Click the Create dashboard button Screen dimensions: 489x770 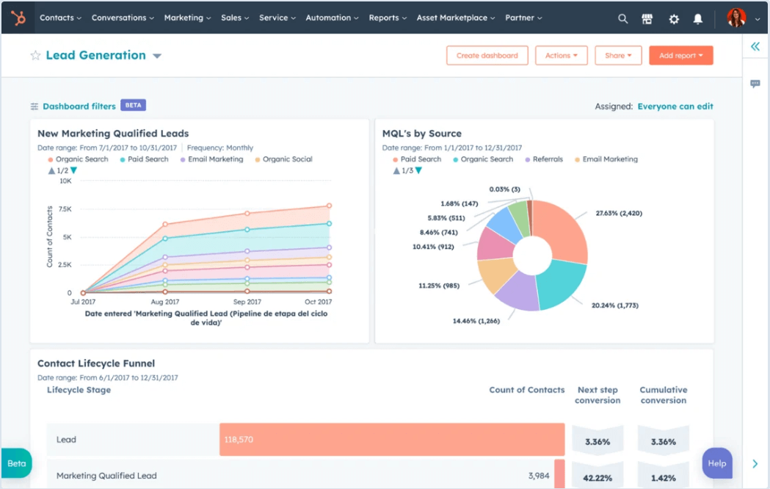click(x=487, y=55)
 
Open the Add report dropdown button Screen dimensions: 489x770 click(x=680, y=55)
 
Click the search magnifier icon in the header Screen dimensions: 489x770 click(x=622, y=19)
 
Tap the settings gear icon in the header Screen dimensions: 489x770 click(x=674, y=19)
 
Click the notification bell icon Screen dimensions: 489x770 click(x=698, y=19)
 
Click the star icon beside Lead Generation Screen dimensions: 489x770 click(x=35, y=56)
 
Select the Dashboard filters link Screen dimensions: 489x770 click(x=79, y=106)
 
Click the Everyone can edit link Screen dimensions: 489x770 click(x=675, y=106)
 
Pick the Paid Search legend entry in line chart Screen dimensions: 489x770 click(x=148, y=159)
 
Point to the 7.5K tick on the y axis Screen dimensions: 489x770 click(x=65, y=209)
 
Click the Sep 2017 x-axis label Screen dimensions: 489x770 click(x=247, y=302)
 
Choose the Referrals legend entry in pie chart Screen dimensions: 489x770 click(x=547, y=159)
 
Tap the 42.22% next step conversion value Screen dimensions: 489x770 click(x=598, y=477)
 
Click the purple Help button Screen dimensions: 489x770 click(x=716, y=463)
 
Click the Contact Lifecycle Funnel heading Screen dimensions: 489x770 click(x=96, y=363)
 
